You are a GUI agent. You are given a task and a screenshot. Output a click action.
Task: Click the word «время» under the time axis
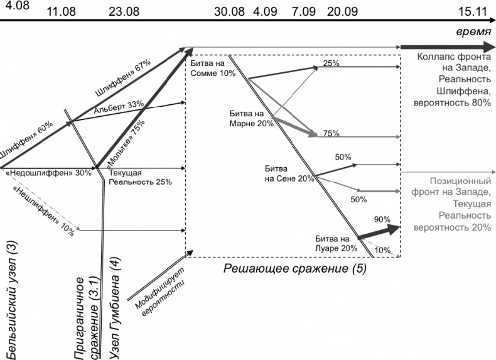pyautogui.click(x=473, y=31)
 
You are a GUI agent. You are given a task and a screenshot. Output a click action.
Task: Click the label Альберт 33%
pyautogui.click(x=119, y=106)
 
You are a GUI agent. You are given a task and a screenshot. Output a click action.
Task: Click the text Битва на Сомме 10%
pyautogui.click(x=212, y=68)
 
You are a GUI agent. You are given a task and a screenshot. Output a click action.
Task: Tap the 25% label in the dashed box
pyautogui.click(x=331, y=63)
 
